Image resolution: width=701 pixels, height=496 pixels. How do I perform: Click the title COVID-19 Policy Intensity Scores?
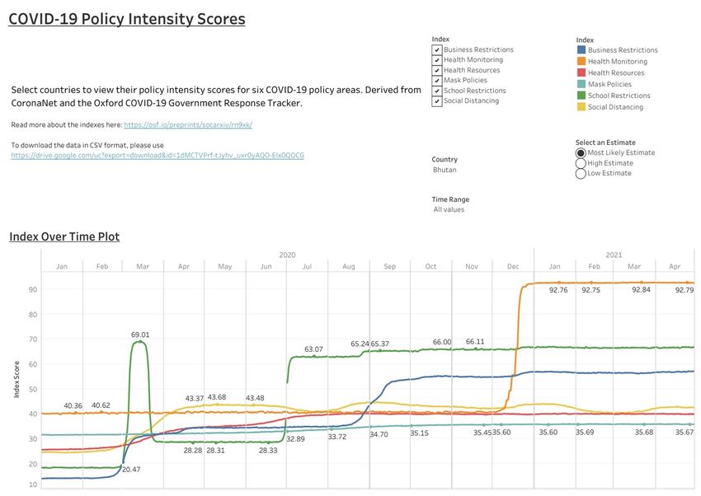(127, 19)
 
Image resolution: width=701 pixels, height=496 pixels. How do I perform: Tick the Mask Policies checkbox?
(437, 81)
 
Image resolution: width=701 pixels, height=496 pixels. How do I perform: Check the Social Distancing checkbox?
(437, 101)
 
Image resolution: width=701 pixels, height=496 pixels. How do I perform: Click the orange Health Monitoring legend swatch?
(581, 62)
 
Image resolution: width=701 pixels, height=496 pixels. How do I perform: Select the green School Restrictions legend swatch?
(581, 96)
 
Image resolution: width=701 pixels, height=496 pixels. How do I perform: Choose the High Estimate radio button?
(581, 163)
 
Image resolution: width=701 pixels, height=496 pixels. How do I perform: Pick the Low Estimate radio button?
(581, 174)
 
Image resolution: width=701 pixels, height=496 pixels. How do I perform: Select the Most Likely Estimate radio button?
(581, 152)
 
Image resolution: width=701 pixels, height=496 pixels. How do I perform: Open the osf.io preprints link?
(188, 125)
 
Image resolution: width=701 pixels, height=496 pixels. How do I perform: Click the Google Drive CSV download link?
(158, 155)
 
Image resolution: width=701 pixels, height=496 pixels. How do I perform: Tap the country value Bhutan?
(445, 170)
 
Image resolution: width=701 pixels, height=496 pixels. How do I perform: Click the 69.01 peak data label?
(140, 335)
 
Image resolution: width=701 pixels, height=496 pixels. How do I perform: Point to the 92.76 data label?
(558, 290)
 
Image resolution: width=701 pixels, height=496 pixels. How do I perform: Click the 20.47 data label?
(131, 469)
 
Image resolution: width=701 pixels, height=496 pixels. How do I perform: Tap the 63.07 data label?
(313, 349)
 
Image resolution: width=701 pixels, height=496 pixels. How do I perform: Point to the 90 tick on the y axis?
(34, 289)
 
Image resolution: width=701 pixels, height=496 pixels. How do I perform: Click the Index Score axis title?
(16, 379)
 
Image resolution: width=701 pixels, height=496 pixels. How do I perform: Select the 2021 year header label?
(614, 255)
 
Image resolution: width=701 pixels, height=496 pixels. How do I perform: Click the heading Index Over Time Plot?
(64, 237)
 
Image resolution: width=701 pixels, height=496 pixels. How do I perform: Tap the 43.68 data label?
(216, 397)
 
